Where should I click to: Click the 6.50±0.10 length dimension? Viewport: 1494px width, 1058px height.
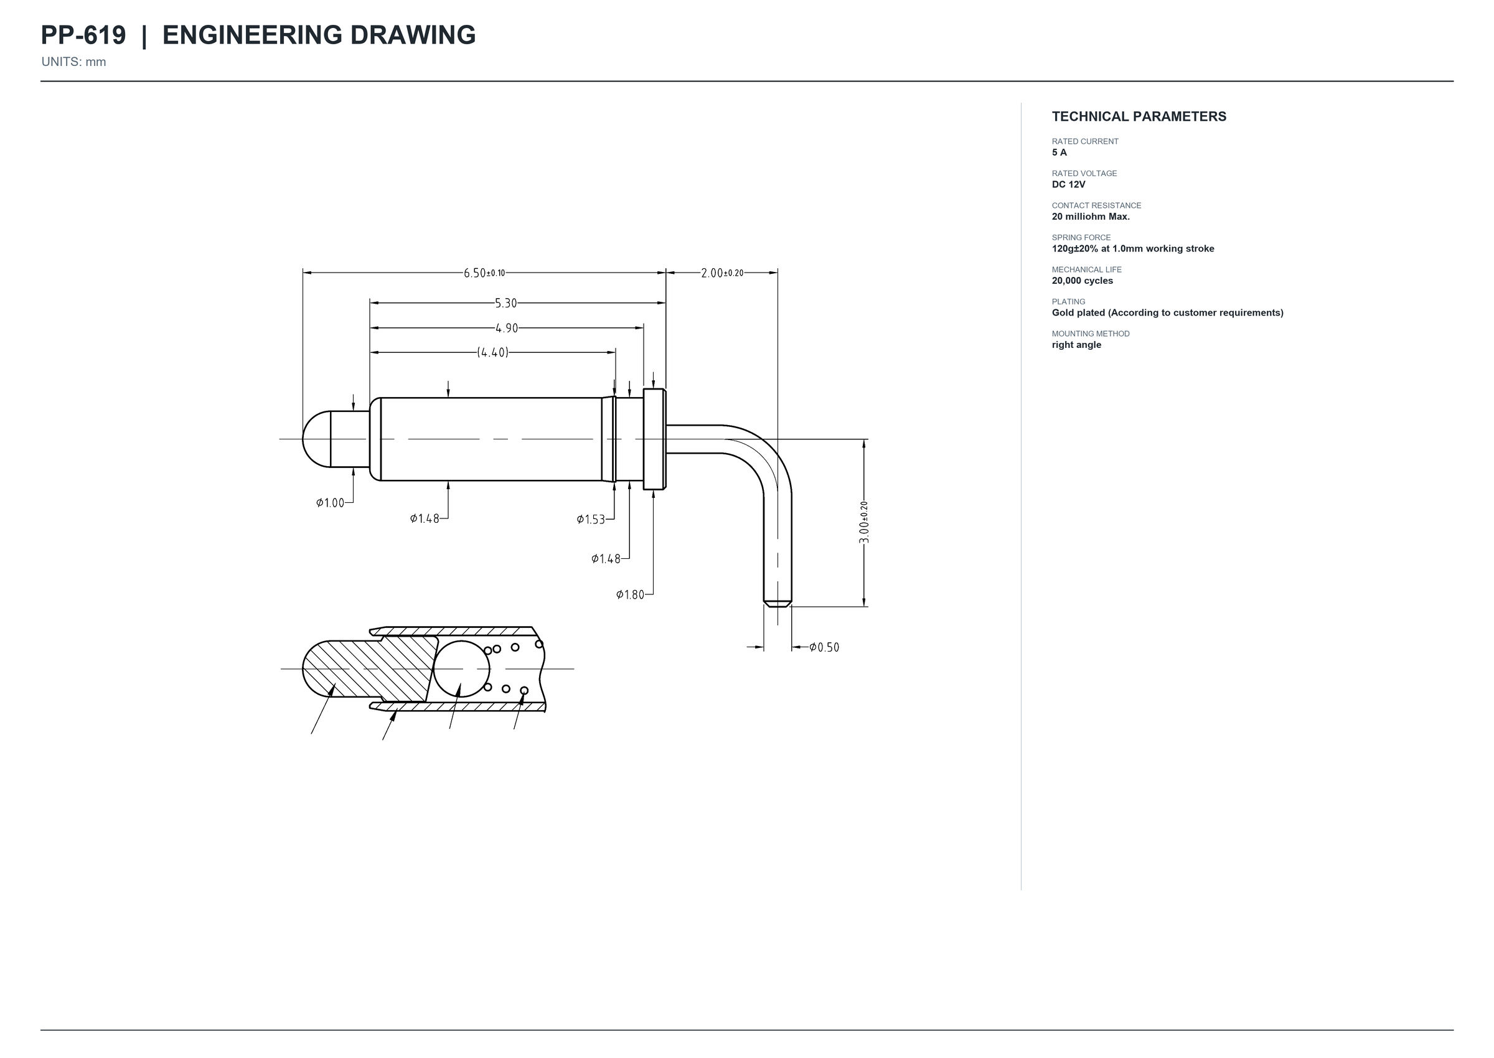tap(484, 273)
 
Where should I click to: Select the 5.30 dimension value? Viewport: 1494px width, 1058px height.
tap(505, 303)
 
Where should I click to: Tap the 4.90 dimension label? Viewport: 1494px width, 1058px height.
tap(506, 329)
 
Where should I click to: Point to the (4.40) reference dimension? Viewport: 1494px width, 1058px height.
tap(492, 352)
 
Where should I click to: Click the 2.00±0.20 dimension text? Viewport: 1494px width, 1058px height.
tap(722, 273)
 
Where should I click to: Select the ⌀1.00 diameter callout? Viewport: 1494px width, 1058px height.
tap(331, 503)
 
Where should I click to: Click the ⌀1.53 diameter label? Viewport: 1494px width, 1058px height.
tap(591, 519)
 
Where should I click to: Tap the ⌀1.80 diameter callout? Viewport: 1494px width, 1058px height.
tap(630, 594)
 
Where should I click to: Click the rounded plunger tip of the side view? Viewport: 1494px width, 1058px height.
tap(316, 439)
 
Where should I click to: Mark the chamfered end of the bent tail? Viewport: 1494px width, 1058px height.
tap(778, 603)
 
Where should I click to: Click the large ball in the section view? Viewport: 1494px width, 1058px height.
tap(461, 668)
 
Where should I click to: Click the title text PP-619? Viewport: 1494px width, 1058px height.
tap(83, 35)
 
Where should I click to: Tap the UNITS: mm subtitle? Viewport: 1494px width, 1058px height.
tap(73, 62)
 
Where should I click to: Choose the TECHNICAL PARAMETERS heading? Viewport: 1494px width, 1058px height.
tap(1139, 116)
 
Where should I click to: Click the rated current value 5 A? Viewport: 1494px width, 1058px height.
tap(1059, 152)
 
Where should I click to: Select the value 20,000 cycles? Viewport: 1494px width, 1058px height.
tap(1083, 281)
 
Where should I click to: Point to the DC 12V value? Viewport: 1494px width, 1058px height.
tap(1069, 184)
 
